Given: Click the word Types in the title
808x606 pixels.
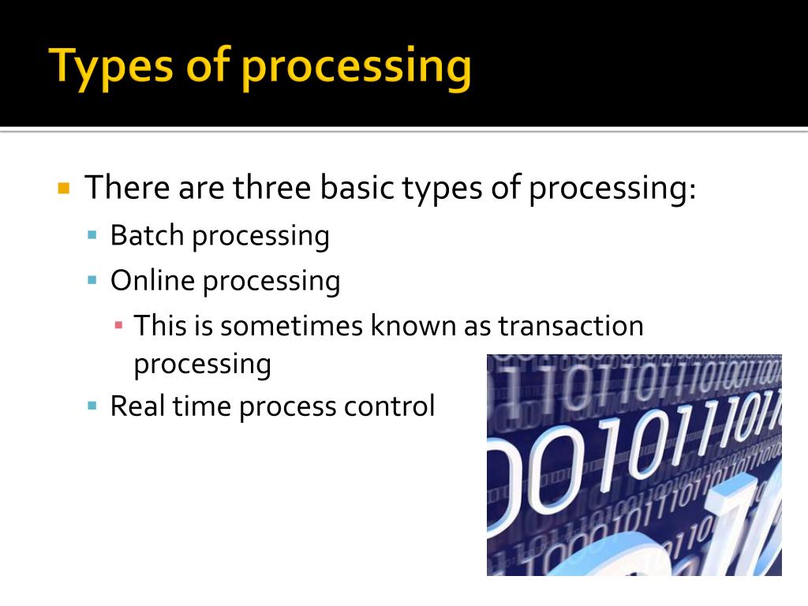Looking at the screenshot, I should point(110,67).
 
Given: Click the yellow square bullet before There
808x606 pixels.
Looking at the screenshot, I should point(65,189).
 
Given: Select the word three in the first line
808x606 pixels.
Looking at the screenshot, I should point(271,188).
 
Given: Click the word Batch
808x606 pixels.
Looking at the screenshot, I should point(147,235).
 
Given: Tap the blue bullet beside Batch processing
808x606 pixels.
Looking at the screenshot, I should point(92,234).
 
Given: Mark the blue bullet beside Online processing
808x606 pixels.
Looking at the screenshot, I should point(92,280).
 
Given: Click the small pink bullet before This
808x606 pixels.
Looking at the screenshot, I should point(118,324).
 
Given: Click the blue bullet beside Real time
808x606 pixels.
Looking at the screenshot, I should point(92,406).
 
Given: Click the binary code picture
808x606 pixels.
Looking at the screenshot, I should point(634,465).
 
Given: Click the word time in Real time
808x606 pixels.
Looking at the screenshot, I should point(202,406).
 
